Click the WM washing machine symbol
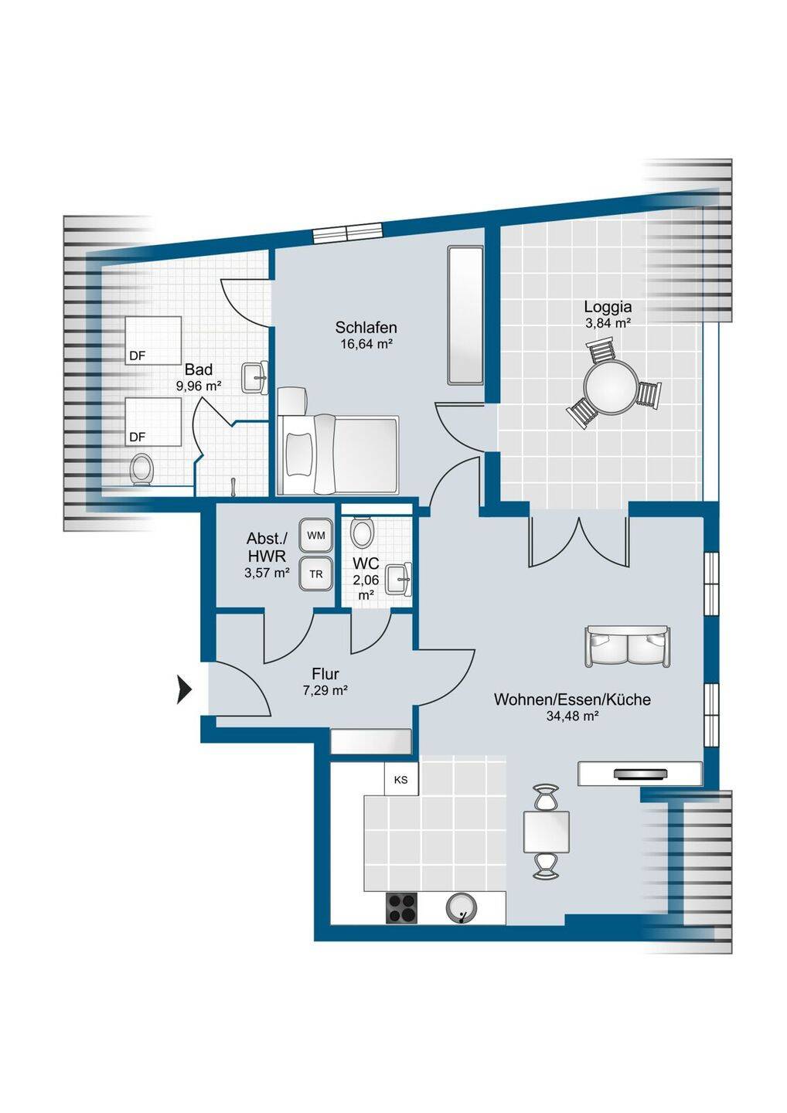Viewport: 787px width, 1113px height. point(316,536)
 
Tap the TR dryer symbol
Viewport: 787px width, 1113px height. point(316,574)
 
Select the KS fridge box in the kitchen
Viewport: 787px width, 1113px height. point(401,780)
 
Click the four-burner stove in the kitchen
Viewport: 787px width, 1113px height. point(401,908)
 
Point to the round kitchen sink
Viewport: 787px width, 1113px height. point(462,907)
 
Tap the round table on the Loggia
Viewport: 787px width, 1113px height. point(610,387)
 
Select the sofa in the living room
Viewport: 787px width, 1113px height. point(628,646)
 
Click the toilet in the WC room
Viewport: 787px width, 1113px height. point(362,531)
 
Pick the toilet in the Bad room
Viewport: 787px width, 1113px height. point(141,468)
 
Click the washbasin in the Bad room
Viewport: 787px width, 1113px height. point(255,378)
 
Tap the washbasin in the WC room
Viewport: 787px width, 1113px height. point(400,580)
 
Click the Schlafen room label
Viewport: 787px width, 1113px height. point(366,328)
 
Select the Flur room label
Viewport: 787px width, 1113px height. point(325,674)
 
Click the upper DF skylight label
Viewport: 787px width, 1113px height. point(137,356)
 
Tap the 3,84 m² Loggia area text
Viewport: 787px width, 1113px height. point(608,323)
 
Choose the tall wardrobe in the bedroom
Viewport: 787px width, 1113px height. point(465,315)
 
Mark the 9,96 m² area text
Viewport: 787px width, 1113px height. point(198,386)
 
